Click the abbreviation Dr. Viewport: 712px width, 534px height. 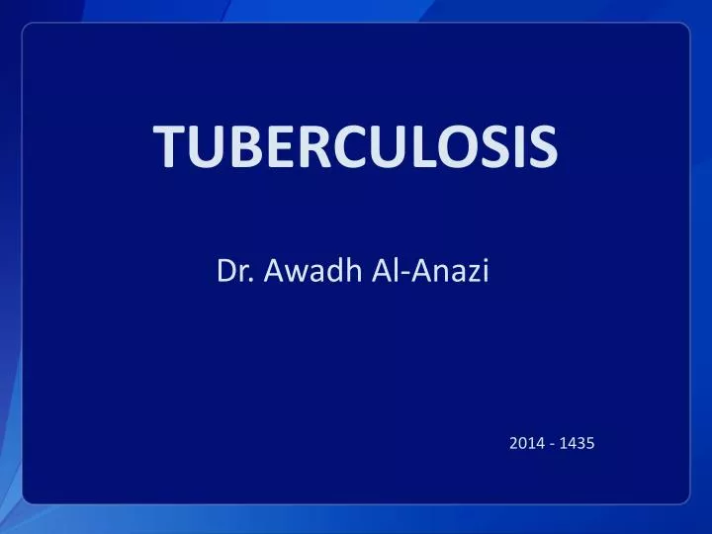(x=231, y=270)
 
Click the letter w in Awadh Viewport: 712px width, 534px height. (x=285, y=272)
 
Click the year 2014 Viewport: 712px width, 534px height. (x=526, y=444)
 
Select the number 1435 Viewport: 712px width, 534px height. (x=577, y=444)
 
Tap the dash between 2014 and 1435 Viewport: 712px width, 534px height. (x=551, y=445)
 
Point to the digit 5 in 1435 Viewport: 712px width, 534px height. (x=589, y=444)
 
